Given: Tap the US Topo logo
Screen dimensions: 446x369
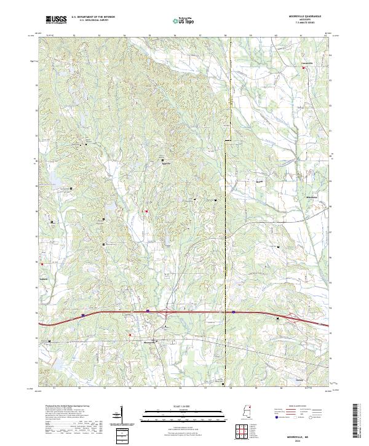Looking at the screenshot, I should coord(184,20).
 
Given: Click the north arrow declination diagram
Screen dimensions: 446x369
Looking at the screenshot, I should coord(121,416).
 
